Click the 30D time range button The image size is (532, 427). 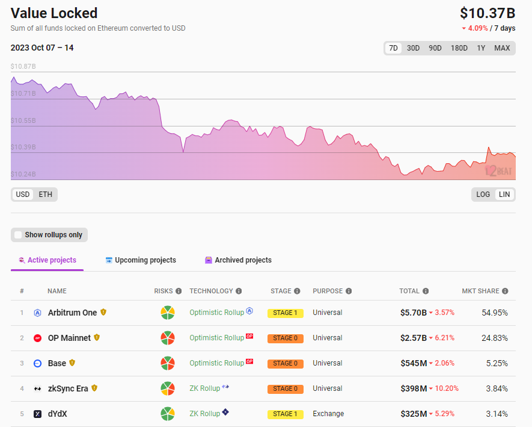tap(413, 48)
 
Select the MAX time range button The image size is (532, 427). tap(502, 48)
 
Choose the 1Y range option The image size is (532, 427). tap(481, 48)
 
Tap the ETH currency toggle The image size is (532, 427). tap(45, 195)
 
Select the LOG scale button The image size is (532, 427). tap(483, 195)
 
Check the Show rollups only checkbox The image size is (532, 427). tap(19, 235)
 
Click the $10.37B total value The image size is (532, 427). tap(488, 13)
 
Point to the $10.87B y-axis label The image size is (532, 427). tap(23, 66)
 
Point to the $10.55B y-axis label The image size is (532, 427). tap(23, 120)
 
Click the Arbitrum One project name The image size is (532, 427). tap(73, 313)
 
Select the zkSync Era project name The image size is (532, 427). tap(68, 388)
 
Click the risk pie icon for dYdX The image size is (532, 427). tap(168, 414)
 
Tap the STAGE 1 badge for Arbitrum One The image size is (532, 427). tap(286, 313)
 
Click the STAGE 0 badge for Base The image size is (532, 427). tap(286, 364)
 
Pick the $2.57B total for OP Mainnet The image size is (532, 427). tap(414, 338)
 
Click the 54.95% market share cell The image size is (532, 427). tap(495, 313)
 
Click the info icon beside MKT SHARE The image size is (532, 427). tap(506, 291)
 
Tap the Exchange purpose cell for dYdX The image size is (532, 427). tap(328, 414)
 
